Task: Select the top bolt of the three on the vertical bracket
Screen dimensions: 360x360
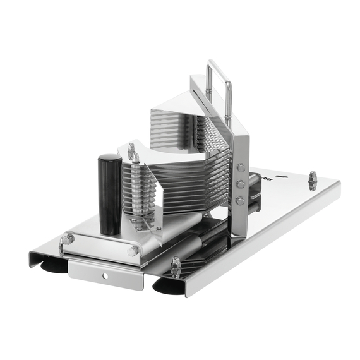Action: (x=241, y=168)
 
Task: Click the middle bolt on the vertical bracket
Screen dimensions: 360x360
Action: (x=241, y=184)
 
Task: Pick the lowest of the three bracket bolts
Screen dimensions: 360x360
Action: (x=240, y=201)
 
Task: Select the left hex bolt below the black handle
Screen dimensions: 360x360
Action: (x=68, y=239)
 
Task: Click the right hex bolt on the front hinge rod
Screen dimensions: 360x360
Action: (x=134, y=251)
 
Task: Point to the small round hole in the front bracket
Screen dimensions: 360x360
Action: (x=105, y=276)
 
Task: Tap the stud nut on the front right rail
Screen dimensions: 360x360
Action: (x=175, y=267)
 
